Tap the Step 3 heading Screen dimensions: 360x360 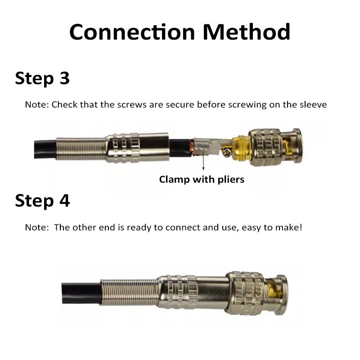[x=42, y=78]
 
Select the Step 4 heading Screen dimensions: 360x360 [x=42, y=200]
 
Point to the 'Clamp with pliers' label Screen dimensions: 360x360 [x=202, y=180]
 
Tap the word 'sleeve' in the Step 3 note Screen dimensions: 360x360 [x=313, y=105]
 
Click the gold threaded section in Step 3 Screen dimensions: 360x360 [x=241, y=148]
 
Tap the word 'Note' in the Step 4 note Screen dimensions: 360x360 [x=36, y=227]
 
